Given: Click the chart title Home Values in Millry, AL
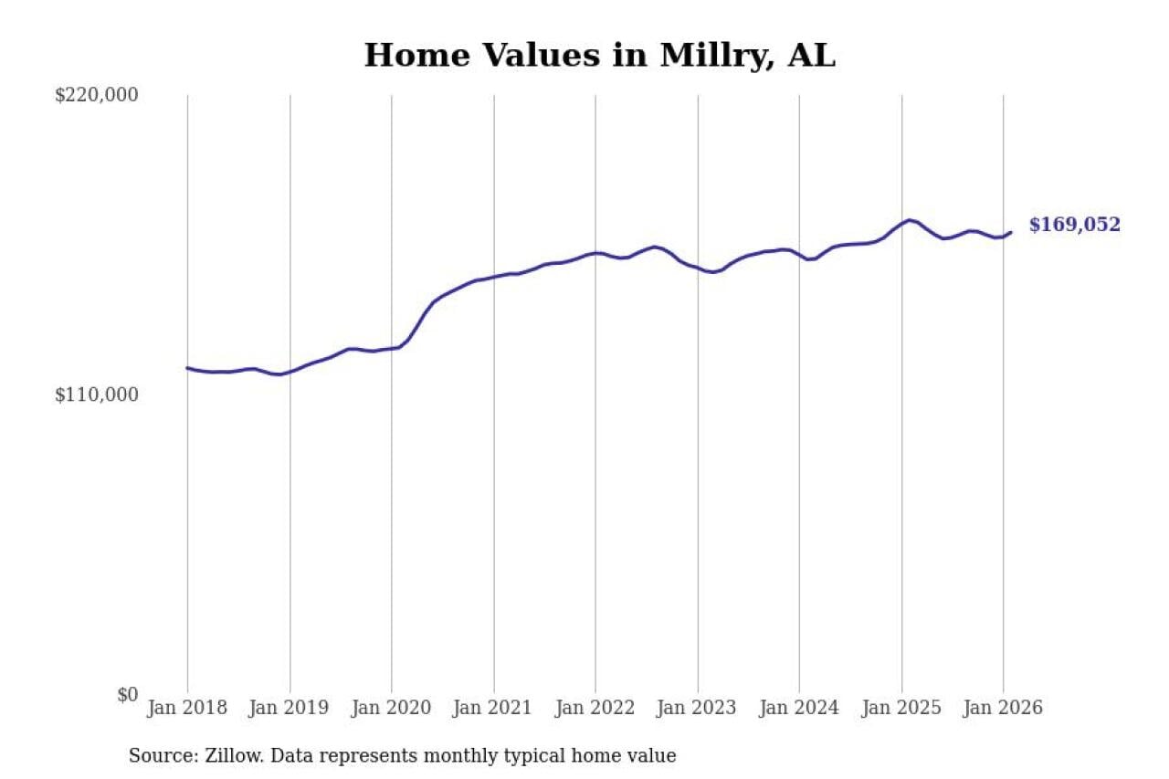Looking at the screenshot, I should click(x=599, y=56).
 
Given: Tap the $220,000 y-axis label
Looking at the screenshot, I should click(x=96, y=95).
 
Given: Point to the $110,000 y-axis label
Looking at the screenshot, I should click(x=96, y=395).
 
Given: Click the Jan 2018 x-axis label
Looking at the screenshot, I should click(x=186, y=709).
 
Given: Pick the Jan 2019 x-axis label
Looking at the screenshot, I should click(x=290, y=709).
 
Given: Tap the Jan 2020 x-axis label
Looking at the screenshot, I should click(x=391, y=709).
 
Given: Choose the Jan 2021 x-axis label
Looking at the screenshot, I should click(x=493, y=709).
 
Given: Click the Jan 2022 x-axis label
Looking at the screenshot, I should click(x=595, y=709).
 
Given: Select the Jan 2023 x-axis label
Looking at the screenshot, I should click(x=698, y=709).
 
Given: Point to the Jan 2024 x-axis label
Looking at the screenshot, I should click(x=799, y=709).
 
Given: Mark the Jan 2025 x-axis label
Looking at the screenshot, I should click(x=901, y=709).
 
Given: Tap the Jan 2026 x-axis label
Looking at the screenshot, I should click(x=1003, y=709).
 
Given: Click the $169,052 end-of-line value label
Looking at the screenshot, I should click(x=1074, y=226).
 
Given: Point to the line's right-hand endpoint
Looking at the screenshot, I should click(x=1010, y=232).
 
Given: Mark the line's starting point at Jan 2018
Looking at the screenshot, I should click(x=187, y=368).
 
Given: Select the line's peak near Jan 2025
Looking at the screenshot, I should click(x=909, y=220).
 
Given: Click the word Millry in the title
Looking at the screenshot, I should click(x=702, y=56).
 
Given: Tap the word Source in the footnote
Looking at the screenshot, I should click(x=158, y=756).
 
